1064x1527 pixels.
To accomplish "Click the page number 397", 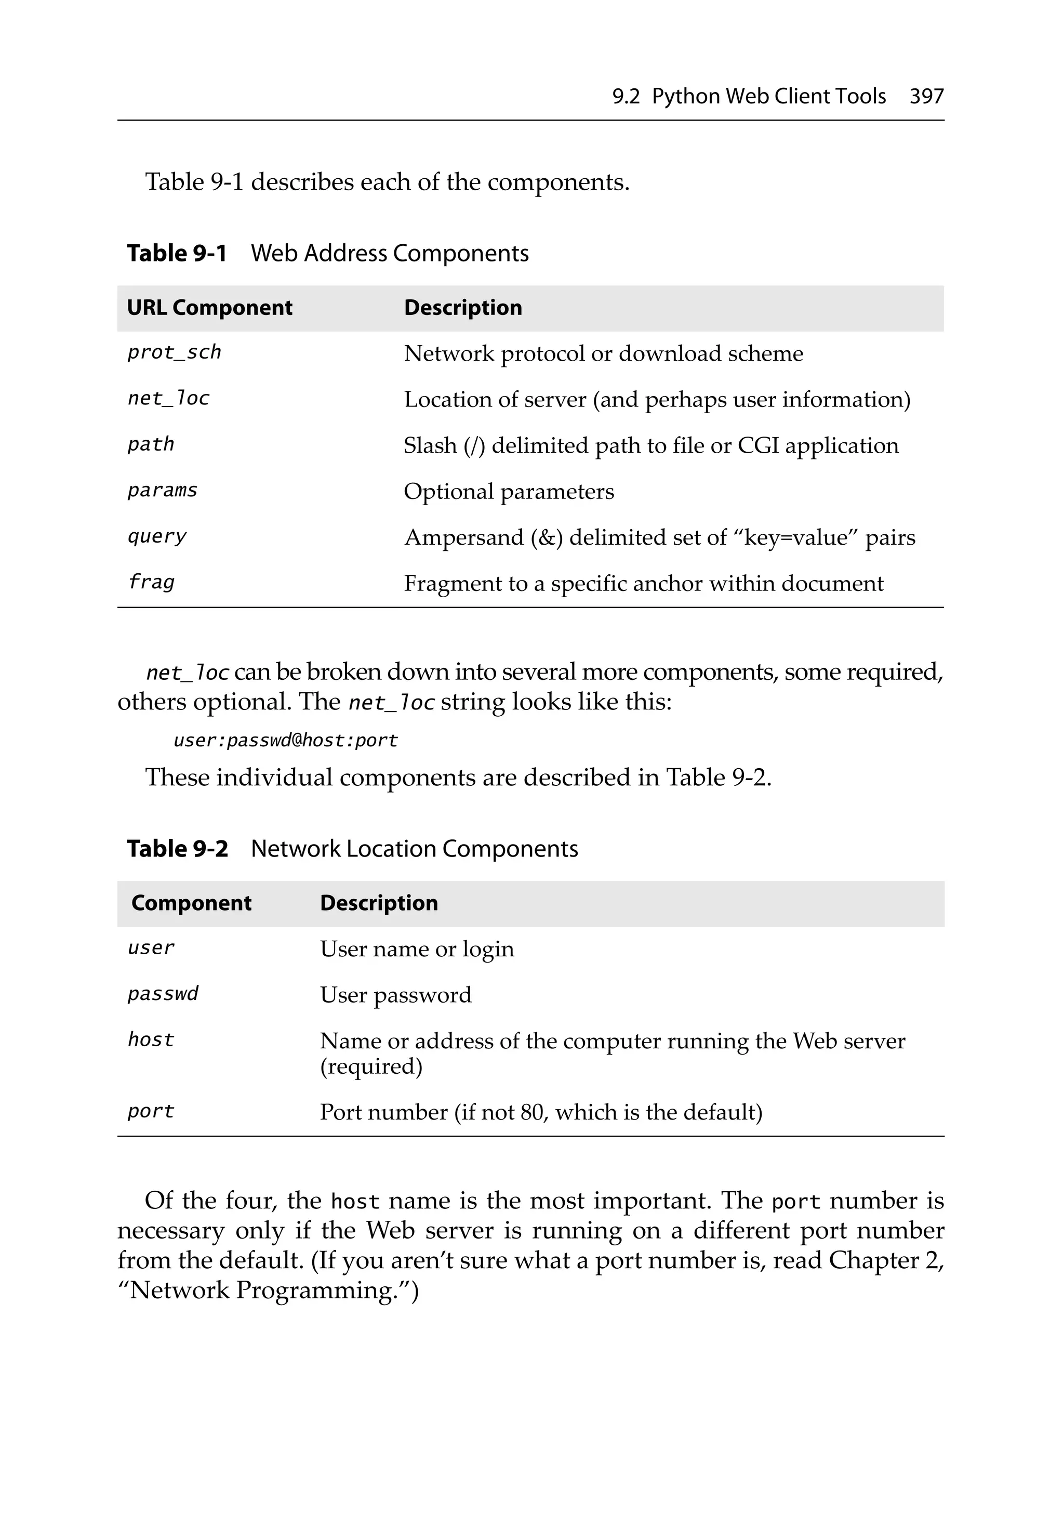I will [926, 97].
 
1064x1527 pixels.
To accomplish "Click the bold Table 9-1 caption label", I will [177, 254].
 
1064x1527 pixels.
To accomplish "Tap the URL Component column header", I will [209, 308].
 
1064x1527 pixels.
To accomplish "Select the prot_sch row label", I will [174, 352].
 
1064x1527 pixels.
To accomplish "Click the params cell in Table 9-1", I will [162, 491].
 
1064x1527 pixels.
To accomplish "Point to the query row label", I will [157, 537].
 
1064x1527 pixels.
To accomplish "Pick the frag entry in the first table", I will [151, 583].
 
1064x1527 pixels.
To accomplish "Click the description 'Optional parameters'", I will [509, 492].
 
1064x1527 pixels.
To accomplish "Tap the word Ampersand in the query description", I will [464, 537].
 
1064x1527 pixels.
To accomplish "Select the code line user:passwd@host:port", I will [285, 740].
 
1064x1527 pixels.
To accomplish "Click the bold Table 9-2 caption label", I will [178, 849].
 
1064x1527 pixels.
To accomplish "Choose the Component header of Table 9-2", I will [192, 903].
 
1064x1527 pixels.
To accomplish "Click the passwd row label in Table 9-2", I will [163, 994].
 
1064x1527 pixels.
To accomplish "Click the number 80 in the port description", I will [532, 1112].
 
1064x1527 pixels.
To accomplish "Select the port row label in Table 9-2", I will [151, 1111].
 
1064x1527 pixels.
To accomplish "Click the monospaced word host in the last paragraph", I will [355, 1202].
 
